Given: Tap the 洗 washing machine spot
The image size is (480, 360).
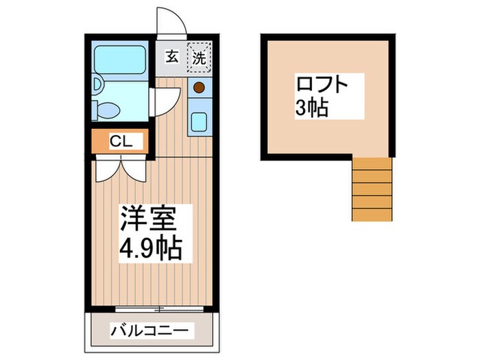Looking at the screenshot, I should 199,58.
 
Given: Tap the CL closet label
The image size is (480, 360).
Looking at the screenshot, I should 122,143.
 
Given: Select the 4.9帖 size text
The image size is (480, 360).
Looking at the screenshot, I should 151,248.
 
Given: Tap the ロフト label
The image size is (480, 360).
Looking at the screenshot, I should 322,86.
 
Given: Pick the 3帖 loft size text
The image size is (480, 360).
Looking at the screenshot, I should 312,108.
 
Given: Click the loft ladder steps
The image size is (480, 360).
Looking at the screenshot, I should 372,189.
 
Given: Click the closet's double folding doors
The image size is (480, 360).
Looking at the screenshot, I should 122,168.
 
